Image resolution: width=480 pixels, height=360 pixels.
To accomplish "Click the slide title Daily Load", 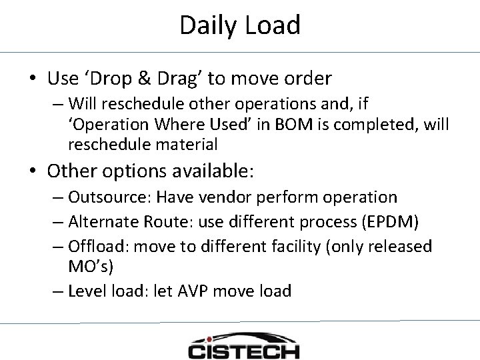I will point(240,25).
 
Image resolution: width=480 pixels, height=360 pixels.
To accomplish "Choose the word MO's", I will point(93,267).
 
